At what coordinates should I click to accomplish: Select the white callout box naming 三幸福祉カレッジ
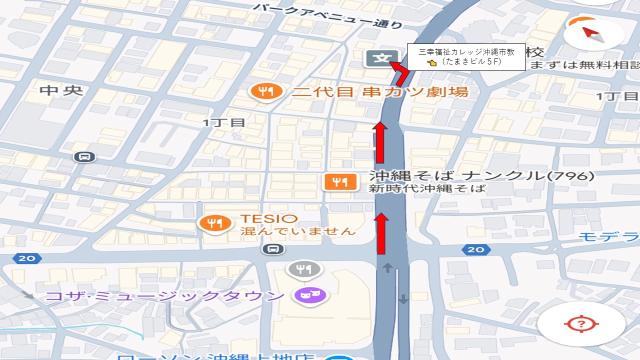click(x=466, y=56)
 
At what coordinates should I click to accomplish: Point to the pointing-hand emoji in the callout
click(x=432, y=63)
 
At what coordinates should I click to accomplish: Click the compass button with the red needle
click(x=593, y=33)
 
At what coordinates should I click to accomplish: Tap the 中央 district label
click(x=61, y=90)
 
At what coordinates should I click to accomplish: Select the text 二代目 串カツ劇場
click(x=380, y=92)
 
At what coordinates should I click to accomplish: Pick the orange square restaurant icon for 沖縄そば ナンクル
click(x=340, y=182)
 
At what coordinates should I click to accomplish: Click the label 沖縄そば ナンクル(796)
click(x=481, y=176)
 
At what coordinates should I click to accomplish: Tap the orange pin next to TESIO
click(x=215, y=223)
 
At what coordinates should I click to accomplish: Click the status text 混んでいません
click(x=298, y=231)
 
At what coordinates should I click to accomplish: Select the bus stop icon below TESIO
click(x=273, y=249)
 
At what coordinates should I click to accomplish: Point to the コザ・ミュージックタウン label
click(x=165, y=295)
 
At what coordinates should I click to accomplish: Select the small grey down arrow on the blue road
click(x=403, y=299)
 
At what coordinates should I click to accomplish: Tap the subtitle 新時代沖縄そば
click(x=427, y=188)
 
